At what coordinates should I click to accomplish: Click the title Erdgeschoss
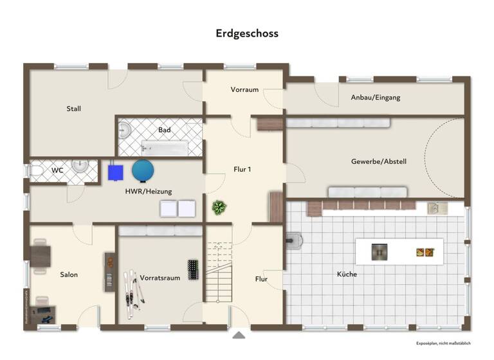tap(247, 33)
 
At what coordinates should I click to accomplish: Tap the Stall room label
tap(74, 109)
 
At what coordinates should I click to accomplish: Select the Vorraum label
tap(244, 89)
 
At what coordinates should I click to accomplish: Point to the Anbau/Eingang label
tap(375, 98)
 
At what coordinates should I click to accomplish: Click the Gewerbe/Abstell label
tap(378, 161)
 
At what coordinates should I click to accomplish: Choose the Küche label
tap(347, 274)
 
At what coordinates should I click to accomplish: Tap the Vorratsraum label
tap(160, 278)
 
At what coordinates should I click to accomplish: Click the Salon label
tap(69, 274)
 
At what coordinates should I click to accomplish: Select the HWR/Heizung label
tap(149, 191)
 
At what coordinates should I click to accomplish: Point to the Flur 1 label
tap(242, 170)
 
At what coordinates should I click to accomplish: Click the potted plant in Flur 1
tap(219, 208)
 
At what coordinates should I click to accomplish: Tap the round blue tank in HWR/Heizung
tap(143, 170)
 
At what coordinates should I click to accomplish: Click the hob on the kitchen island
tap(380, 252)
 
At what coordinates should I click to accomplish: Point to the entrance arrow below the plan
tap(239, 334)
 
